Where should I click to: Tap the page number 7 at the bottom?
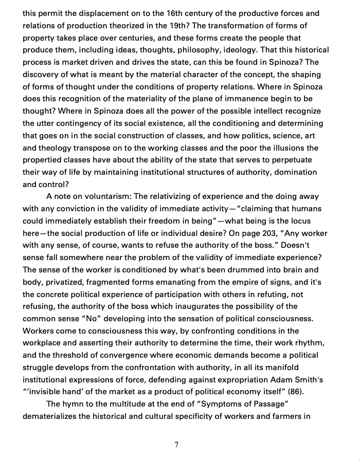click(x=176, y=445)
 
